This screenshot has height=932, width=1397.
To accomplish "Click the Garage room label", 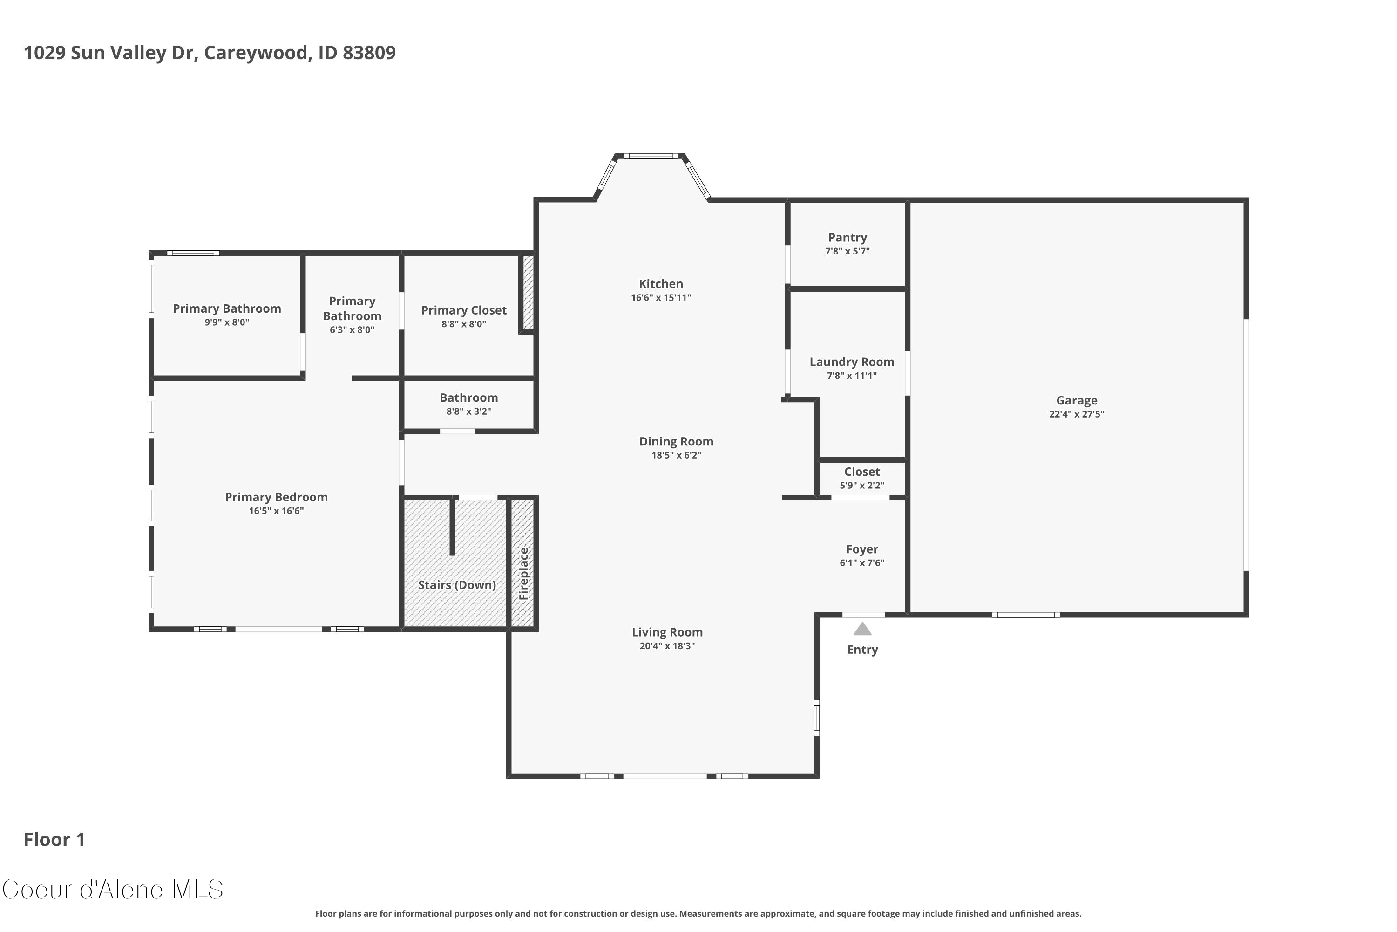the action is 1076,401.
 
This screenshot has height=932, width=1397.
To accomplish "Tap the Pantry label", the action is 848,238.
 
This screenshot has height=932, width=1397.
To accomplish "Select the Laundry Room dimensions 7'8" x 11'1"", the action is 852,376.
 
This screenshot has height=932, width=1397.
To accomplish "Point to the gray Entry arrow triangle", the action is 862,628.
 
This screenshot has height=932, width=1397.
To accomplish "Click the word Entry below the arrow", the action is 862,650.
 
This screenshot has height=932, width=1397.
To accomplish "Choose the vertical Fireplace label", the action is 523,574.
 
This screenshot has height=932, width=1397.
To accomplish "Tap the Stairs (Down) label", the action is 457,585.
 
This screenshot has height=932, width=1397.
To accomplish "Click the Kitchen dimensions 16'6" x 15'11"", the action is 661,298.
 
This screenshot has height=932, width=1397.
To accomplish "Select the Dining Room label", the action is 676,442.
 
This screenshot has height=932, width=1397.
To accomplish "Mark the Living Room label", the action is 667,632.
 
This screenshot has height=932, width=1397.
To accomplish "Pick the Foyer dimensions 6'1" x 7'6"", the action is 862,563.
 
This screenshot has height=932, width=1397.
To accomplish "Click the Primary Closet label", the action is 464,310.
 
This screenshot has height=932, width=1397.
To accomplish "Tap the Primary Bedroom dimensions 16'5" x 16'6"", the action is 276,511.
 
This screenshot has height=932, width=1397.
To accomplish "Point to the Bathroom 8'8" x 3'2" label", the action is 468,404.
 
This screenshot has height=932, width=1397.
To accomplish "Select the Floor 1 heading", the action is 54,839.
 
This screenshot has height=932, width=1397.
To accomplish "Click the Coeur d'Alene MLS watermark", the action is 113,890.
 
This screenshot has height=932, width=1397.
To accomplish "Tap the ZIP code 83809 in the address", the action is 369,53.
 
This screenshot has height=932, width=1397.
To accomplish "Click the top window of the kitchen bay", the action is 651,156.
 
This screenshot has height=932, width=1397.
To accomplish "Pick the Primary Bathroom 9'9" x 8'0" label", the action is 227,315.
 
